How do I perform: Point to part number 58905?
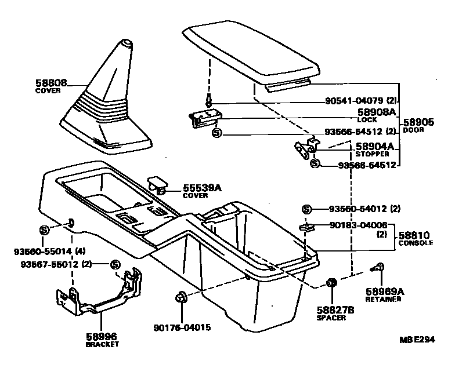click(419, 122)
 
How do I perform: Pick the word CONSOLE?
click(415, 243)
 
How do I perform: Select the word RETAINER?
click(383, 300)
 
